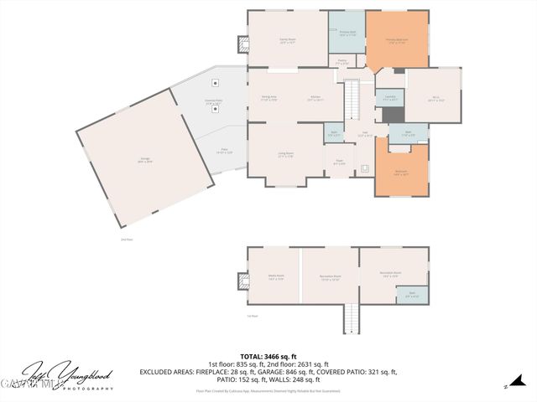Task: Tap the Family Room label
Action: tap(287, 41)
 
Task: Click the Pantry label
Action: tap(342, 61)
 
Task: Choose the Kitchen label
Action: tap(315, 98)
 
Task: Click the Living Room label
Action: tap(285, 155)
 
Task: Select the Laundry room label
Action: tap(390, 98)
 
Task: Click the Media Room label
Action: tap(275, 277)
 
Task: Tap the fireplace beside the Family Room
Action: tap(243, 44)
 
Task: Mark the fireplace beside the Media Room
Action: tap(243, 281)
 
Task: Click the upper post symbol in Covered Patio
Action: tap(216, 83)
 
